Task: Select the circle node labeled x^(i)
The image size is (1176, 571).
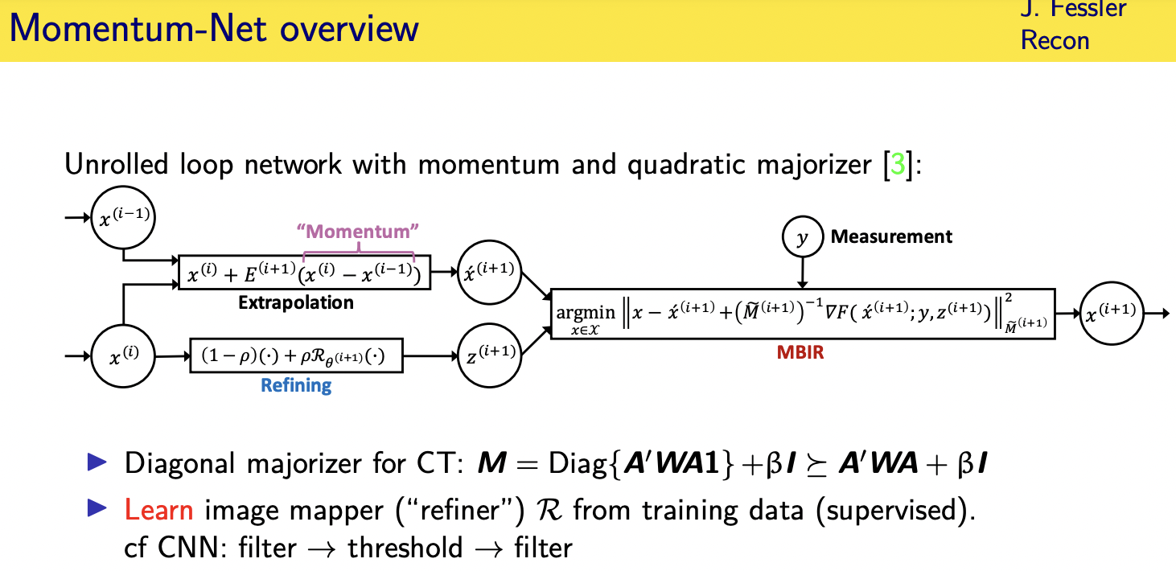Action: point(125,355)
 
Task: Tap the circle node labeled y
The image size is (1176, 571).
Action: point(800,237)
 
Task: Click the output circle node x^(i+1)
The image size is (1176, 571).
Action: point(1110,314)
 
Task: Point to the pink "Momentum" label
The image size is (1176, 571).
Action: point(358,232)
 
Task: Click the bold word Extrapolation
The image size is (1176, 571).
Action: point(295,303)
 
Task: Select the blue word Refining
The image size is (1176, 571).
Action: point(295,385)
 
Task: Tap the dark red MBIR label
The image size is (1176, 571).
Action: point(800,352)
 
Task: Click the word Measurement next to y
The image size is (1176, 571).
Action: point(891,236)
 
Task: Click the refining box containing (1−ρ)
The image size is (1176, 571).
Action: point(296,355)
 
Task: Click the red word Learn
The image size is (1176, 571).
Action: point(158,510)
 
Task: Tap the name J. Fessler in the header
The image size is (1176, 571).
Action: point(1073,10)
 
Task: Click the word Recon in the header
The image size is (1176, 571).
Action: point(1055,40)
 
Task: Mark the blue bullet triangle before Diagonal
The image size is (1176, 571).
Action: point(97,462)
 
